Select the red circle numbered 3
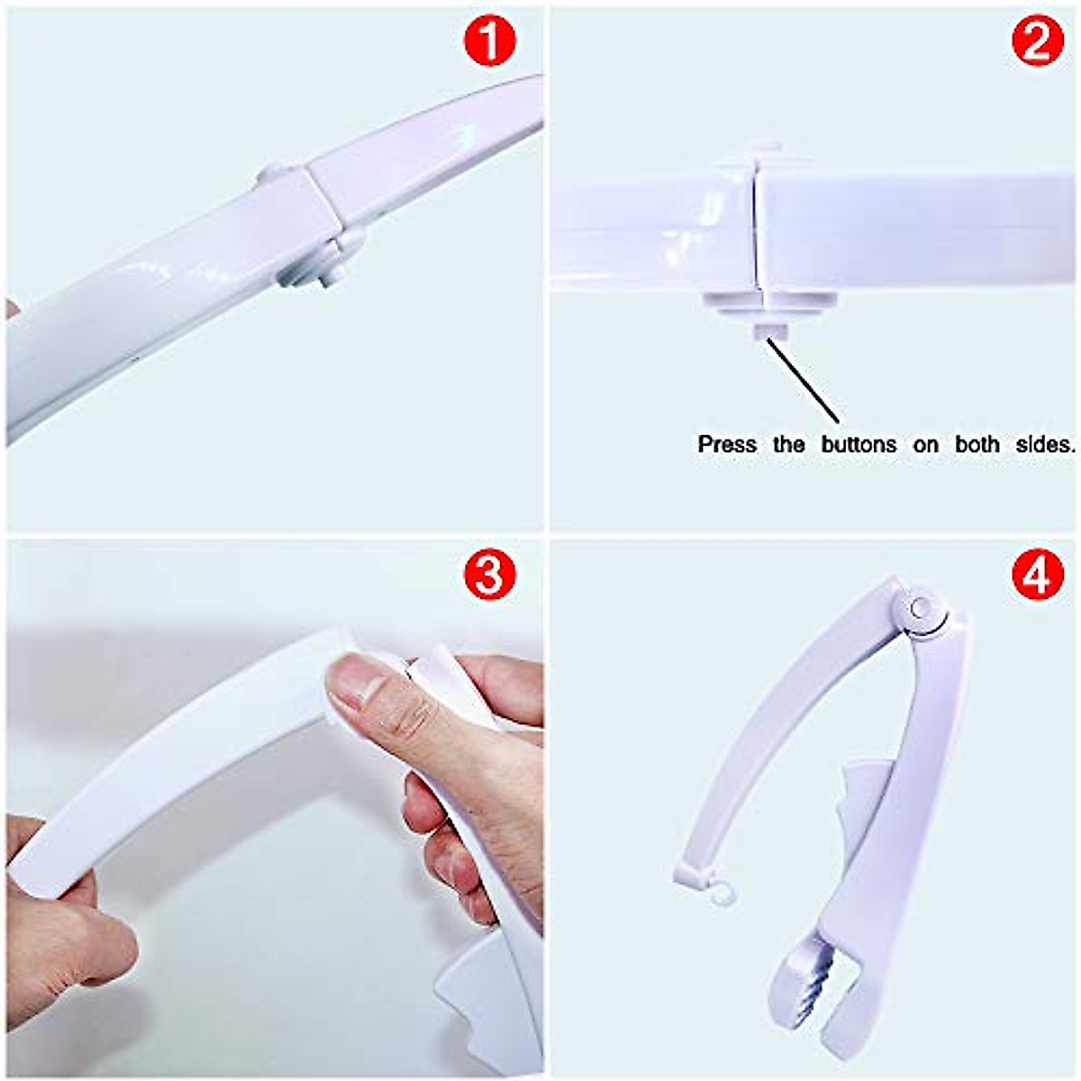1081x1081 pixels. [x=489, y=574]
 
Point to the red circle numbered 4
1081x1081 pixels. [x=1038, y=574]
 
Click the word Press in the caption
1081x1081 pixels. [x=727, y=444]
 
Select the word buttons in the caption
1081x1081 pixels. [x=858, y=444]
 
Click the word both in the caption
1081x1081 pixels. [x=977, y=444]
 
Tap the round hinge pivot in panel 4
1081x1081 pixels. [x=921, y=608]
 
